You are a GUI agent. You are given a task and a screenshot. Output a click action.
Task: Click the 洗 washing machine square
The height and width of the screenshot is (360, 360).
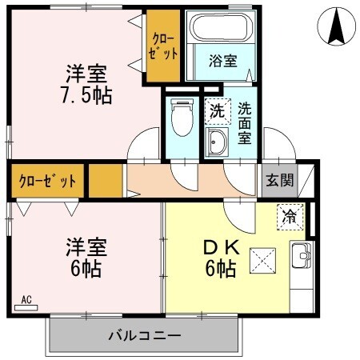coord(216,111)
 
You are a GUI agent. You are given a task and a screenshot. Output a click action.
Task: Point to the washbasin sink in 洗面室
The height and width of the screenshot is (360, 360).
coord(216,144)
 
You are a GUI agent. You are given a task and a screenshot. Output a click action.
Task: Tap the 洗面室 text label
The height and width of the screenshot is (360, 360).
coord(243,123)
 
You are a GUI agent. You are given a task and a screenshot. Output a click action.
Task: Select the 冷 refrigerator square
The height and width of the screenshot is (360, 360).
coord(290,216)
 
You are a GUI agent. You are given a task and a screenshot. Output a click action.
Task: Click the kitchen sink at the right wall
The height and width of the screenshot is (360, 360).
coord(301,257)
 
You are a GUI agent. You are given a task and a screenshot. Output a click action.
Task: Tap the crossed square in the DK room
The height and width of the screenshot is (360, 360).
coord(262,259)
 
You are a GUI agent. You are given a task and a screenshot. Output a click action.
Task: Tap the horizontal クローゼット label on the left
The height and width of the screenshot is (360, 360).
coord(47,181)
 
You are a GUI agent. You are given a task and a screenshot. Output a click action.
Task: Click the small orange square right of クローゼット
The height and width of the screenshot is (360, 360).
coord(105,180)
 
